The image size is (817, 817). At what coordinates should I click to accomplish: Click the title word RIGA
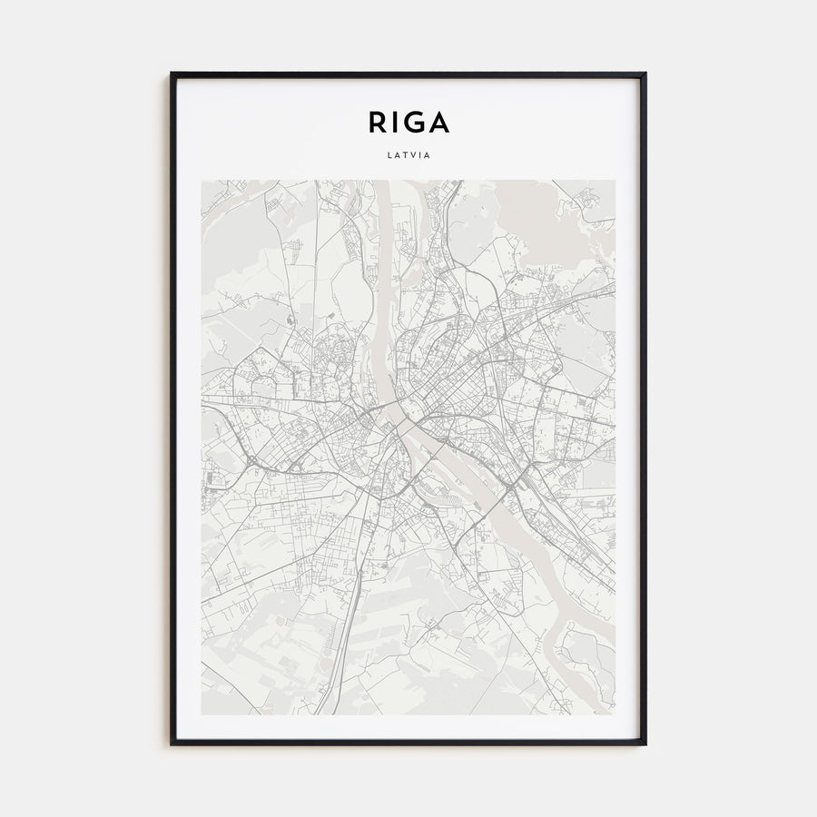pyautogui.click(x=408, y=122)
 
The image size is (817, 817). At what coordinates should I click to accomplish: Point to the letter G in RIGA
pyautogui.click(x=414, y=122)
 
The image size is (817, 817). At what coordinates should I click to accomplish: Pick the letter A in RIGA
pyautogui.click(x=438, y=122)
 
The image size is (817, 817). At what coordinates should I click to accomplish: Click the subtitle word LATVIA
pyautogui.click(x=408, y=154)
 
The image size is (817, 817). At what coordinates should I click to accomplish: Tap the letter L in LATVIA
pyautogui.click(x=389, y=154)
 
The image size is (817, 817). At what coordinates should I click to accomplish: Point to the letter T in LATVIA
pyautogui.click(x=404, y=154)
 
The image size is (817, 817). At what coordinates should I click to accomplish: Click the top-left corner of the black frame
pyautogui.click(x=172, y=74)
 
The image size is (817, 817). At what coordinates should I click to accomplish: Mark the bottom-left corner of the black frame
pyautogui.click(x=172, y=743)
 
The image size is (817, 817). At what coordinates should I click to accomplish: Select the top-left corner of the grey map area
pyautogui.click(x=202, y=181)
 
